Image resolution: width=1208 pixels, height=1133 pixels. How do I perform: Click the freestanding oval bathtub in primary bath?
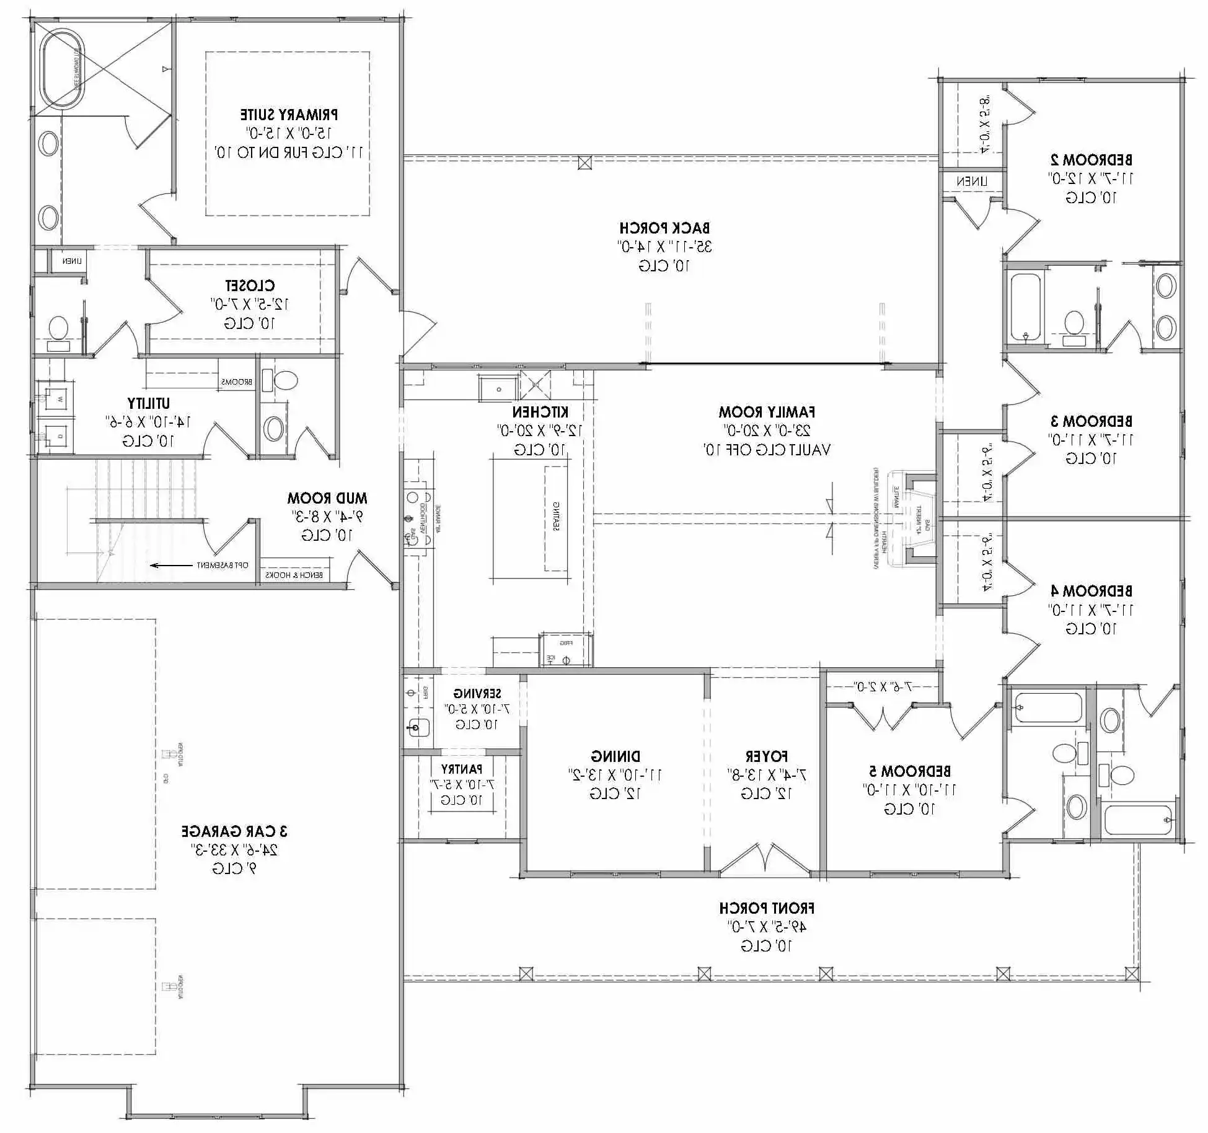(x=61, y=69)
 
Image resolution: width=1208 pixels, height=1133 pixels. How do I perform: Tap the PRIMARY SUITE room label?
(x=289, y=115)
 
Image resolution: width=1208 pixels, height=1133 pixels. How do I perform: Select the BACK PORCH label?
(x=664, y=228)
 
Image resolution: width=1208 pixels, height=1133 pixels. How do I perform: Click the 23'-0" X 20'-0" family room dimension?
(x=767, y=431)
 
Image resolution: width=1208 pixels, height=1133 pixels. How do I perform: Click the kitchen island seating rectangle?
(x=555, y=518)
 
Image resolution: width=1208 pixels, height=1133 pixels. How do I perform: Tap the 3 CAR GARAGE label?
(x=234, y=831)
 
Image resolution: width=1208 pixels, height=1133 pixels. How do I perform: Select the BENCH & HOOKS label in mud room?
(x=294, y=575)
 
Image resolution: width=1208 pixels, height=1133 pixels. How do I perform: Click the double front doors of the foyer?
(x=765, y=860)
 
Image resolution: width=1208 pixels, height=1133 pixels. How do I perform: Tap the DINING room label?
(x=615, y=756)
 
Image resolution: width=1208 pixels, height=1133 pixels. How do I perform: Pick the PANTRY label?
(x=462, y=769)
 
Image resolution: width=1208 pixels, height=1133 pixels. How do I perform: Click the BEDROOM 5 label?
(x=909, y=771)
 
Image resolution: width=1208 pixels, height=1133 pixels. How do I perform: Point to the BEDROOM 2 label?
(x=1091, y=159)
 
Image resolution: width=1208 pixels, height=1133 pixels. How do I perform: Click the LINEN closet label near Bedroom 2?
(x=971, y=182)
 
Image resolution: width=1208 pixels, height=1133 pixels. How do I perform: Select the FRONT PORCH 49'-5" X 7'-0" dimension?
(x=767, y=927)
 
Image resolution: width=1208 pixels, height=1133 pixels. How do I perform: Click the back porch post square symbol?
(x=584, y=163)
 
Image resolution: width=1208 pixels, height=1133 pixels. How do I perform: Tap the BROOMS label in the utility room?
(x=237, y=382)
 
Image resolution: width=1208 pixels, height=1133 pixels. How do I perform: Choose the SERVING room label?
(x=477, y=693)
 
